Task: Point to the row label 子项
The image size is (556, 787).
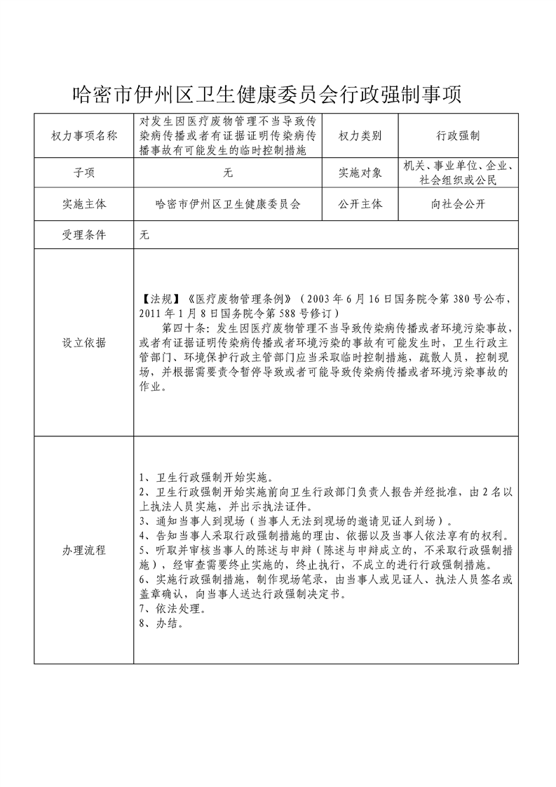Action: [x=84, y=172]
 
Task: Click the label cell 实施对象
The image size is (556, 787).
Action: [x=360, y=172]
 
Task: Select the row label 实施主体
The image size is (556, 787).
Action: [x=84, y=205]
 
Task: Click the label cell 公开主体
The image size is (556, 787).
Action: [x=360, y=205]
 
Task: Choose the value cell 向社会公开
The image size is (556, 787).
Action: [x=458, y=205]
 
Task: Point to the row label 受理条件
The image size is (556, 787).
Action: [x=84, y=236]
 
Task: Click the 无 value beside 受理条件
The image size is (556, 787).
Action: [x=145, y=236]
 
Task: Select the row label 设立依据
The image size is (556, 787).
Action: [x=84, y=342]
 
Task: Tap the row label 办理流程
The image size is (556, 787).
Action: [x=84, y=550]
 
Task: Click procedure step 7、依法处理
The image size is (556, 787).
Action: [x=172, y=608]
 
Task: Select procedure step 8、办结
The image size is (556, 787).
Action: [x=162, y=623]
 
